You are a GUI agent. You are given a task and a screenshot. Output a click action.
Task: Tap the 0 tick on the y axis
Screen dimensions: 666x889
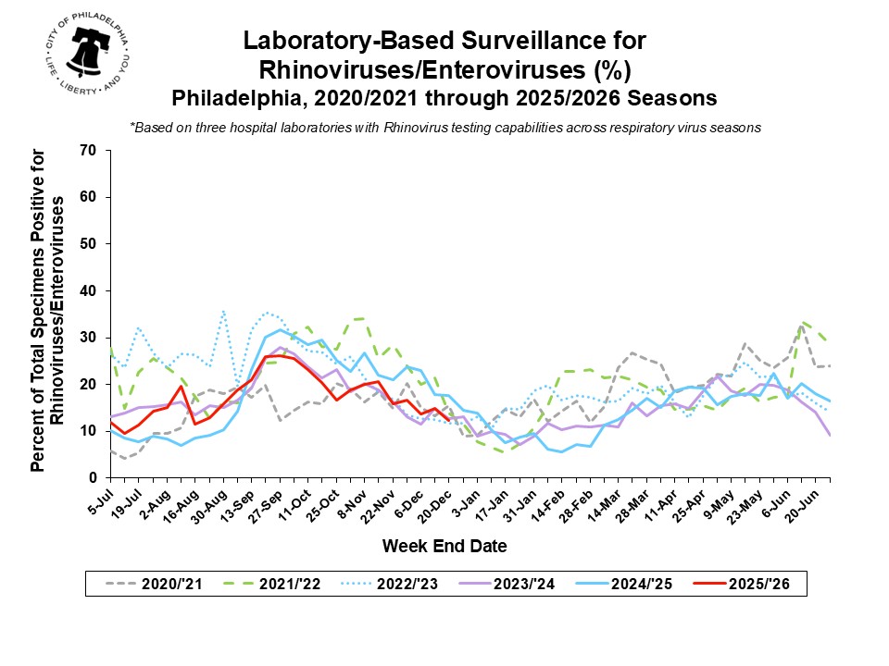[93, 477]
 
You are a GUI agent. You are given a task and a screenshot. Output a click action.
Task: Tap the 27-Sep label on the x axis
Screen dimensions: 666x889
[269, 502]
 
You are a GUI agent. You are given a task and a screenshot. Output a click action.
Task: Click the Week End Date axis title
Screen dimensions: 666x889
[444, 547]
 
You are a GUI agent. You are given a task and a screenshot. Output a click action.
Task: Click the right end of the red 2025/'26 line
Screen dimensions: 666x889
[448, 419]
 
